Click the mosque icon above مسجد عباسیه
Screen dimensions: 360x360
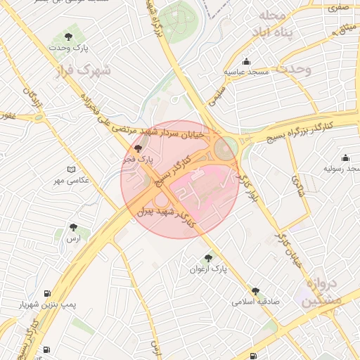point(245,61)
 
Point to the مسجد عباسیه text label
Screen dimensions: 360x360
point(245,72)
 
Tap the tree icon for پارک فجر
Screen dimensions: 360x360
point(138,148)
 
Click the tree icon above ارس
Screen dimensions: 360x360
point(73,227)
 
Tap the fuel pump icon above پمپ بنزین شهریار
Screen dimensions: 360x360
point(47,293)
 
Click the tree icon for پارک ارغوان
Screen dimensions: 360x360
point(207,258)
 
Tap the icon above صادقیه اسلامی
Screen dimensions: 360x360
point(255,290)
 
